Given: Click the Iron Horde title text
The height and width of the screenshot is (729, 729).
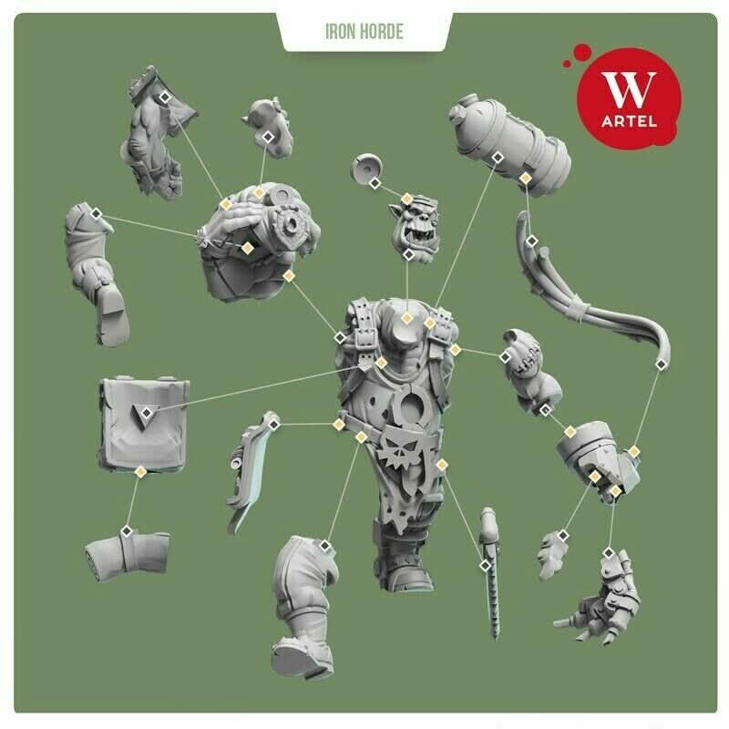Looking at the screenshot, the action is [x=364, y=32].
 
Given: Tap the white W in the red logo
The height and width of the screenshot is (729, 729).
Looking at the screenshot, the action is [x=629, y=89].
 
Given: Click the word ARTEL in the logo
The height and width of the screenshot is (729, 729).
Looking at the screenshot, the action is [x=629, y=122].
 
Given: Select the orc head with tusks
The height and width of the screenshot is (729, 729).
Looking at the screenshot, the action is [x=415, y=229].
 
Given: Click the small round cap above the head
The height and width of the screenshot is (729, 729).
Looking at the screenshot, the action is [x=366, y=169].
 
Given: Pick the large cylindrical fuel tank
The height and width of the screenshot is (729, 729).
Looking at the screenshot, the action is [x=510, y=145].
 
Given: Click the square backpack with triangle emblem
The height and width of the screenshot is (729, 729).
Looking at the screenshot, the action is [x=144, y=424].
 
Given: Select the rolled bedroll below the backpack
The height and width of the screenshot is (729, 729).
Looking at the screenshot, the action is [x=127, y=556].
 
